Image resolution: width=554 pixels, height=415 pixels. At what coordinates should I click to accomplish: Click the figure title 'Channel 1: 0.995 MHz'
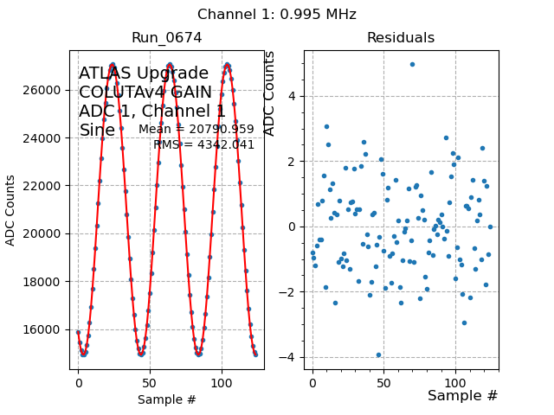pos(276,15)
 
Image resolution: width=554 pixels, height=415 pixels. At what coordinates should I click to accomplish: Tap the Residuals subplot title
pos(400,38)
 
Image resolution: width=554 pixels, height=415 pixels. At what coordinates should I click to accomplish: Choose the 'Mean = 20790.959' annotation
pos(196,130)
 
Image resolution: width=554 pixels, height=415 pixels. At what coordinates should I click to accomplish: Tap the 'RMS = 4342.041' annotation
pos(203,144)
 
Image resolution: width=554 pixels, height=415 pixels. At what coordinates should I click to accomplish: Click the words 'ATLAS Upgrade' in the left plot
pos(144,73)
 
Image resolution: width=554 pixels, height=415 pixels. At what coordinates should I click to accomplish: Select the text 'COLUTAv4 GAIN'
pos(145,93)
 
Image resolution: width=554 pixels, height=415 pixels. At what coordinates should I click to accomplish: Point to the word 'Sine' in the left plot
pos(97,131)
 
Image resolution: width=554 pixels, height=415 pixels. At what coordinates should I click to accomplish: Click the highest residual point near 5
pos(412,64)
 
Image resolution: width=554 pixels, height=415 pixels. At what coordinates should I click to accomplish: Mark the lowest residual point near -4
pos(378,354)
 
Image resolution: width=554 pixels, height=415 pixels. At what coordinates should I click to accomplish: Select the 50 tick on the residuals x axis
pos(384,381)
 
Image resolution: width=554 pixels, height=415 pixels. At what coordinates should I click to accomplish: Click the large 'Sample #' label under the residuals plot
pos(462,396)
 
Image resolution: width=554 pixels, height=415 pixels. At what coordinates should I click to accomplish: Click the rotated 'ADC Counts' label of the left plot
pos(11,210)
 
